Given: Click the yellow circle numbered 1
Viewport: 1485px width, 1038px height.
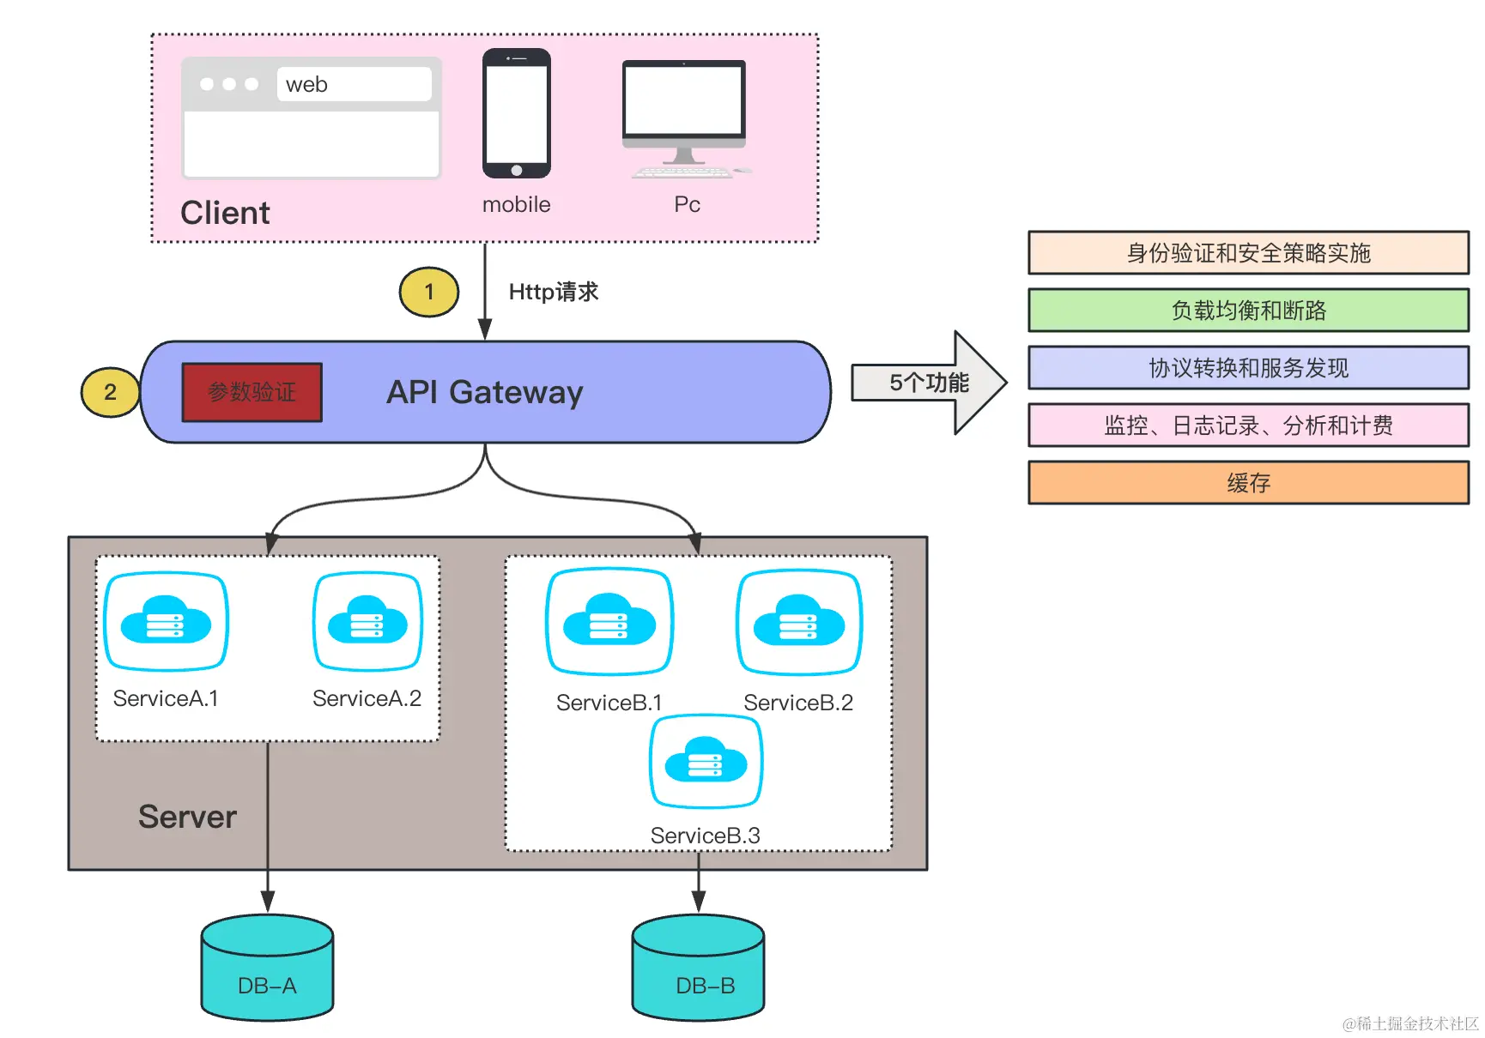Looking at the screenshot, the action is click(x=429, y=292).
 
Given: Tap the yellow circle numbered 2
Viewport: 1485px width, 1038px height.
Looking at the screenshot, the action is click(x=110, y=392).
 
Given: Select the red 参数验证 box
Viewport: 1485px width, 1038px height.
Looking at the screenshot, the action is click(x=252, y=392).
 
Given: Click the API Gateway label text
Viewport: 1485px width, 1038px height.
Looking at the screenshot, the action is click(x=485, y=392).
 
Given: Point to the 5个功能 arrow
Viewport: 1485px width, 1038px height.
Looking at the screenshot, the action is click(x=930, y=383).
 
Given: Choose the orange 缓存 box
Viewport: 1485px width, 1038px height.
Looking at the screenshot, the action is click(x=1249, y=483).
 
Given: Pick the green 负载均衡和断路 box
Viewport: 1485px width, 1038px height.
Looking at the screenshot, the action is click(x=1249, y=311).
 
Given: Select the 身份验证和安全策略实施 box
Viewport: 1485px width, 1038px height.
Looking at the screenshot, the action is click(x=1249, y=253).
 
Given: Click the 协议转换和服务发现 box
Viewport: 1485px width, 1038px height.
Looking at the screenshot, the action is click(x=1249, y=368).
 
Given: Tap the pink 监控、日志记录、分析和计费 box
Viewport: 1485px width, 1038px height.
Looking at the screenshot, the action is click(x=1249, y=425).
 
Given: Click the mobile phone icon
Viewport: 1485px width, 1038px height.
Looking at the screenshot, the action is click(x=517, y=113).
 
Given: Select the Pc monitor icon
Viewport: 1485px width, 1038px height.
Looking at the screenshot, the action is click(x=685, y=118).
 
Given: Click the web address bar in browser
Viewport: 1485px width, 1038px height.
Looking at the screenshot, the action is click(x=354, y=84).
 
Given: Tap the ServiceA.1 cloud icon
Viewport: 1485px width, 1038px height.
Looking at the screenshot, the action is click(x=166, y=621).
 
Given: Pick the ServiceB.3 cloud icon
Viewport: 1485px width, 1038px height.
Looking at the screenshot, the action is click(x=706, y=761).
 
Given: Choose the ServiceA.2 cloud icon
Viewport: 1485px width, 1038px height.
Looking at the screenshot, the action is click(x=367, y=621).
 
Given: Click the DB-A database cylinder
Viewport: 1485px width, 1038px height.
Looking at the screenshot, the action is click(x=268, y=968).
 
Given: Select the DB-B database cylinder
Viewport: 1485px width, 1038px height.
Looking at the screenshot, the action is click(x=699, y=968).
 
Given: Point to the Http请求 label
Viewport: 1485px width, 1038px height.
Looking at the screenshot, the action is click(x=554, y=292).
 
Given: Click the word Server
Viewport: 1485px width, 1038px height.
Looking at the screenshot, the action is click(x=187, y=817).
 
